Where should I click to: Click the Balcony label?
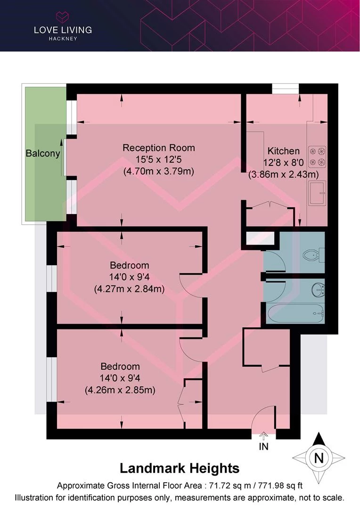(x=43, y=153)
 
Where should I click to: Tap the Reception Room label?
(x=159, y=148)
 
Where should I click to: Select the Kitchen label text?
(x=283, y=151)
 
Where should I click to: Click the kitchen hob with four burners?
(x=317, y=156)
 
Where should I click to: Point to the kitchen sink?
(x=317, y=193)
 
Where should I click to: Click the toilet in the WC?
(x=313, y=255)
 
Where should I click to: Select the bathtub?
(x=295, y=313)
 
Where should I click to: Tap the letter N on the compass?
(x=319, y=458)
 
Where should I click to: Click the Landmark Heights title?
(x=180, y=468)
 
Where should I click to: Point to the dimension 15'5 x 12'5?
(x=159, y=159)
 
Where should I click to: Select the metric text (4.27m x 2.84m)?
(x=129, y=288)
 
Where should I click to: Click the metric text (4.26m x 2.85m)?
(x=120, y=390)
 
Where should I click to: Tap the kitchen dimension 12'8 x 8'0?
(x=283, y=162)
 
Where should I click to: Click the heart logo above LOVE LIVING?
(x=63, y=17)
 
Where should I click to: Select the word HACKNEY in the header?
(x=63, y=39)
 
